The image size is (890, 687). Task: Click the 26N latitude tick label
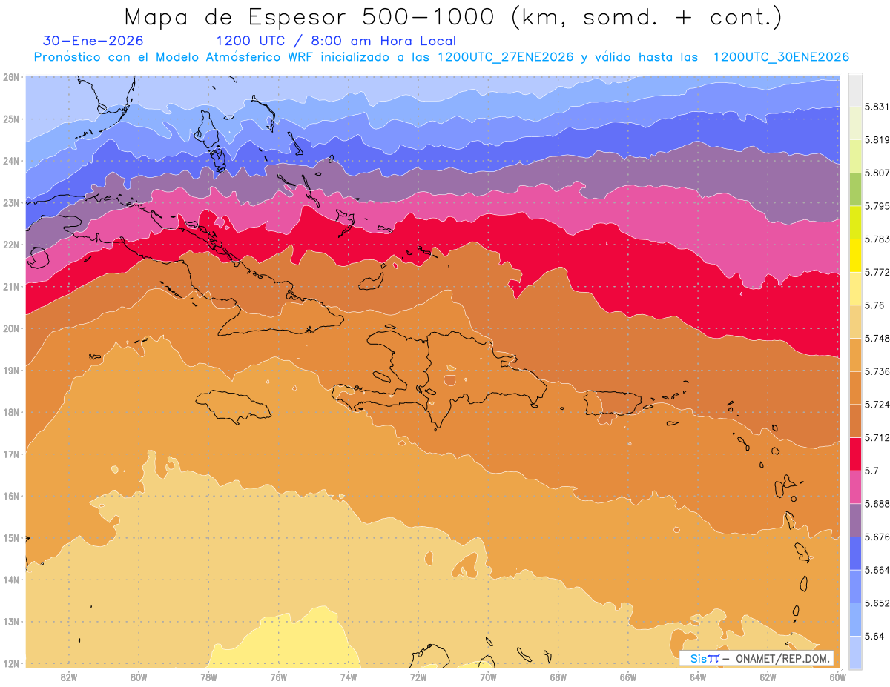pos(11,76)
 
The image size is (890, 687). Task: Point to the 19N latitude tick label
pos(11,370)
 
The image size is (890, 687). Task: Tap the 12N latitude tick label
pos(11,663)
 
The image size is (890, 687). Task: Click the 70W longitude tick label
pos(488,677)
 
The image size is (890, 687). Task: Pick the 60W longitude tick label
pos(838,677)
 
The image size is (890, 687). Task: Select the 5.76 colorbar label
pos(866,305)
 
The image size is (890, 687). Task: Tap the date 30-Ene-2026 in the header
pos(93,42)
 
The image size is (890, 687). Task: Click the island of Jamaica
pos(234,406)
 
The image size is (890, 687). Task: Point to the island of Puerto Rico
pos(613,403)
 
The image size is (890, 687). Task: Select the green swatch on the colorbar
pos(855,189)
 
